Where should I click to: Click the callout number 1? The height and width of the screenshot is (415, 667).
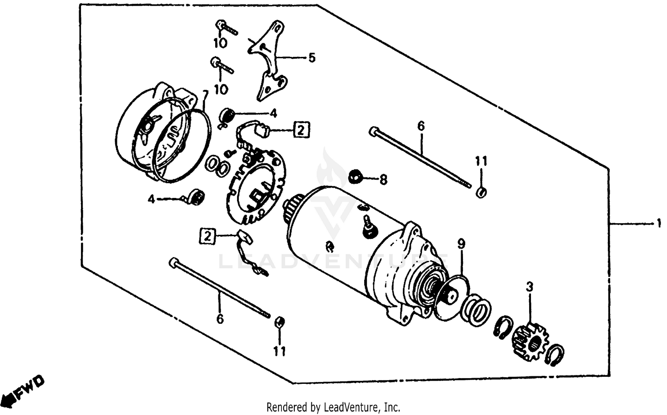coord(659,225)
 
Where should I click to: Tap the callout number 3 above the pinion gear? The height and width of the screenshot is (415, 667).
coord(529,287)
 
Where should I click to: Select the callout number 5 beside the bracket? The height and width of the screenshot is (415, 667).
coord(312,58)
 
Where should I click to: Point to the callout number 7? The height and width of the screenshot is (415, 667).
coord(205,95)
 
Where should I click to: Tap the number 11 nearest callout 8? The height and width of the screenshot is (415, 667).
coord(481,161)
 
